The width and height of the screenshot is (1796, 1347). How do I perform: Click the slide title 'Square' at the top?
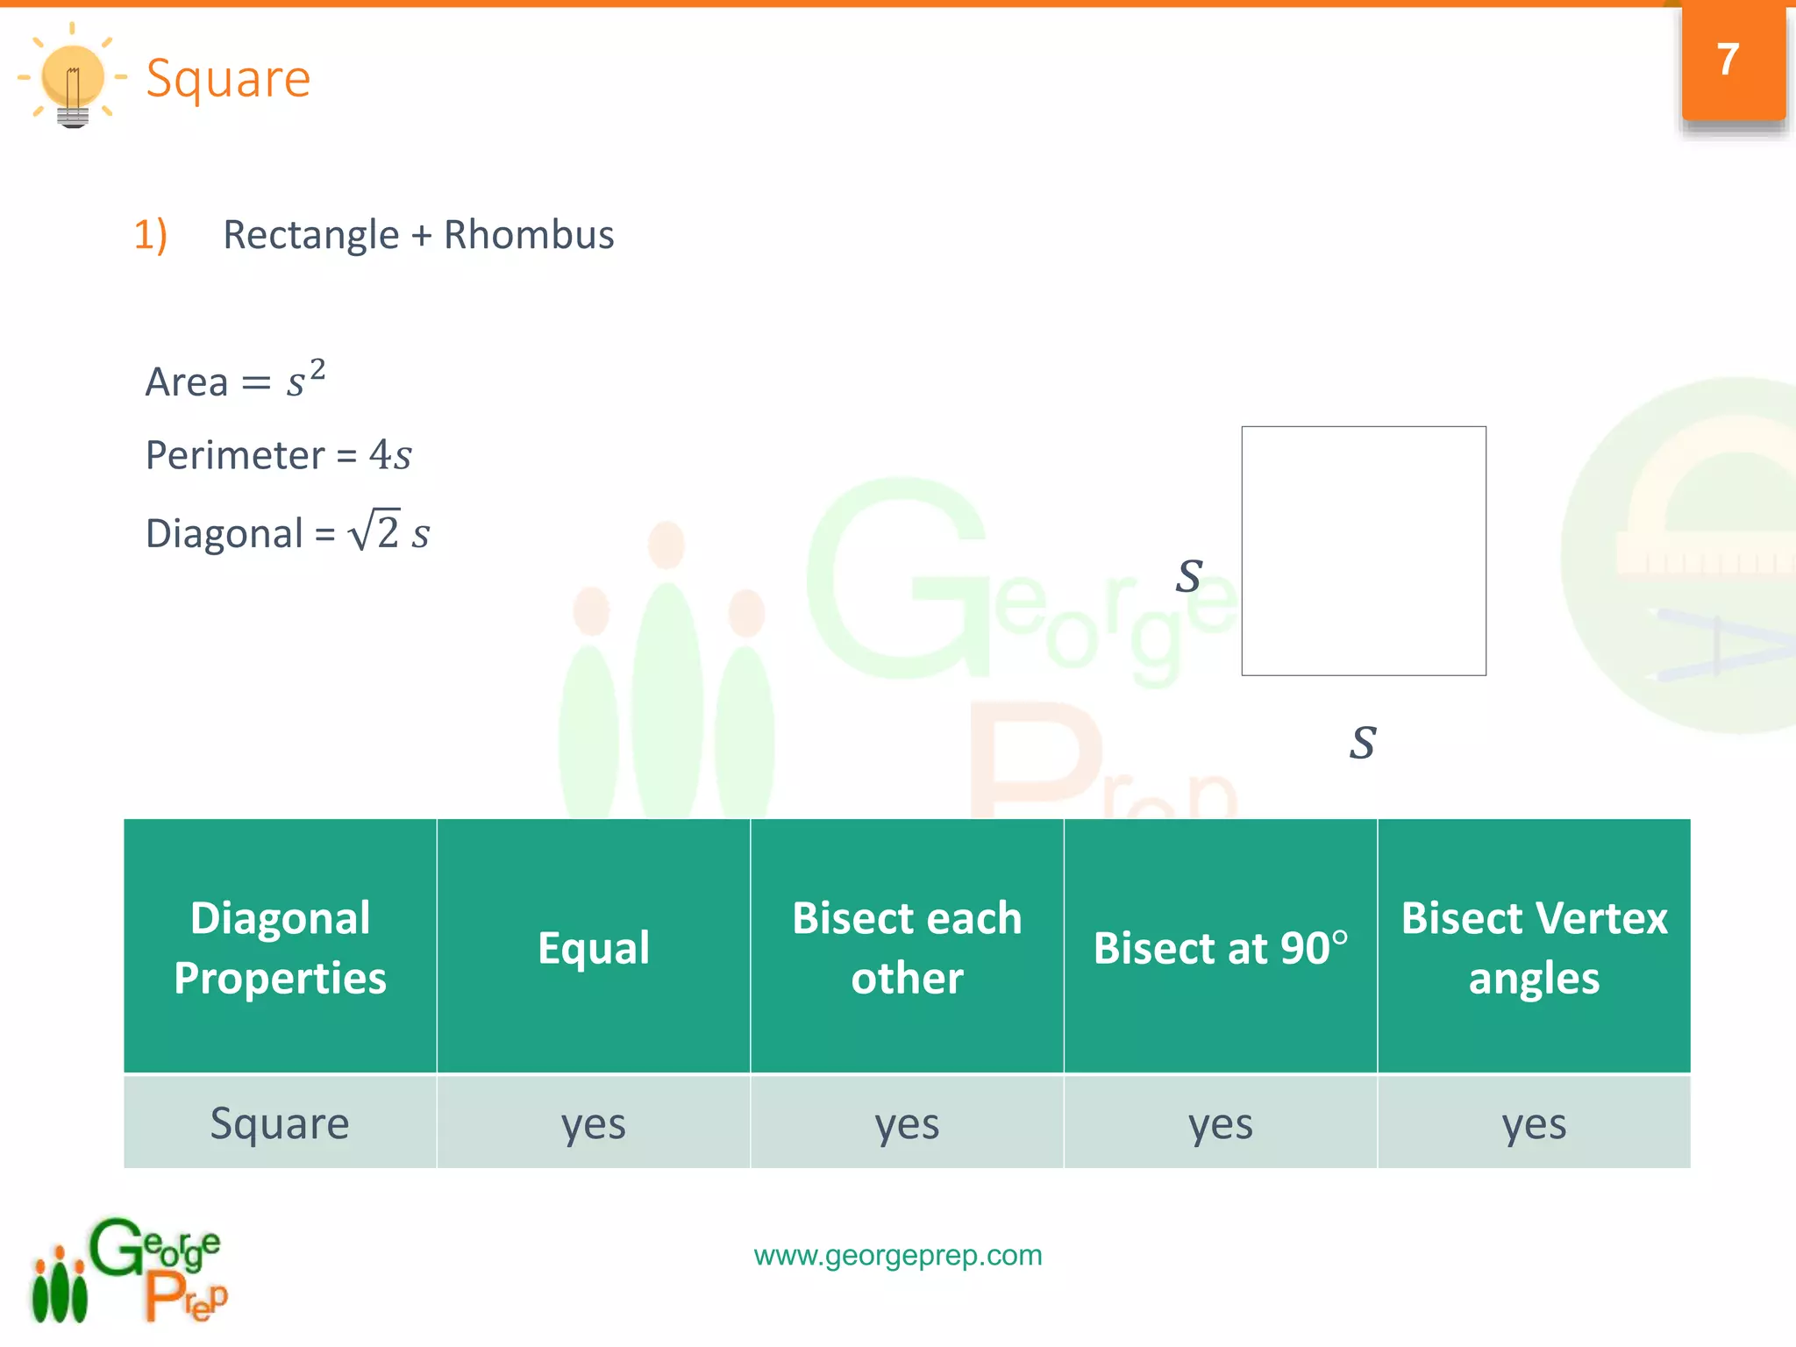(228, 79)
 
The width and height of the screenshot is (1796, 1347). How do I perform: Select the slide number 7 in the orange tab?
(1728, 60)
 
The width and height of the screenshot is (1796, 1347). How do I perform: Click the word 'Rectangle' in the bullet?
(311, 235)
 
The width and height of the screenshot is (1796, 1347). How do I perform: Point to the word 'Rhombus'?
(529, 235)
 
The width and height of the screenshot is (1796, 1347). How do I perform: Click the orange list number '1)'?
(150, 235)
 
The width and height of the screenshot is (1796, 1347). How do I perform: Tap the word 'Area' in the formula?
(187, 382)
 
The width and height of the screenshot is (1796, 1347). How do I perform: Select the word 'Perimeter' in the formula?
(235, 455)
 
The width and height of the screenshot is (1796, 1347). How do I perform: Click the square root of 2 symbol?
(374, 531)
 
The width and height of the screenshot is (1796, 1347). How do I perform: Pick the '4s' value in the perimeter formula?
(390, 455)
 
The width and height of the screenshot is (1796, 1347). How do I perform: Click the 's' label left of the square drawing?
(1189, 576)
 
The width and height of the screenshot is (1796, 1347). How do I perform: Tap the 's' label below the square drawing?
(1363, 743)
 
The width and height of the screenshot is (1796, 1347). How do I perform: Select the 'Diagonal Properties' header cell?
(280, 947)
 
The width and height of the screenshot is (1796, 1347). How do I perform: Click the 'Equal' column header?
(594, 947)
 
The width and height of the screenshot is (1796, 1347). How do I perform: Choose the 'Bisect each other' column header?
(907, 947)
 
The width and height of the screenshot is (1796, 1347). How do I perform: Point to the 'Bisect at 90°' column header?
(1220, 947)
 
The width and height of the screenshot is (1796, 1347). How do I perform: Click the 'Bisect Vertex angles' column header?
(1534, 947)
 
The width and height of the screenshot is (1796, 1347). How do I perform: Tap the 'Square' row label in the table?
(280, 1123)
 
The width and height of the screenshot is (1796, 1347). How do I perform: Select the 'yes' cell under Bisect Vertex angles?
(1534, 1123)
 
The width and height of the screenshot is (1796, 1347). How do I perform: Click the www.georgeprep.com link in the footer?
(898, 1255)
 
